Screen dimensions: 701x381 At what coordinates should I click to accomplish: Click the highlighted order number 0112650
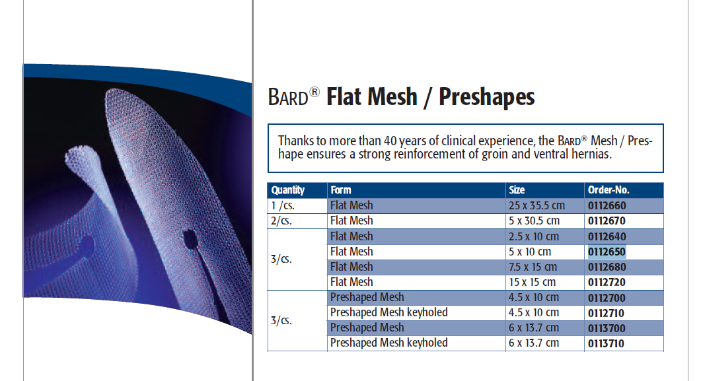point(607,252)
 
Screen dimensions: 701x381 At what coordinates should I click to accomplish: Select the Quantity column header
point(288,190)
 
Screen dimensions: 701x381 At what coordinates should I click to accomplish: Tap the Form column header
point(341,190)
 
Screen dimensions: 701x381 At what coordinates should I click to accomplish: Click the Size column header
point(517,190)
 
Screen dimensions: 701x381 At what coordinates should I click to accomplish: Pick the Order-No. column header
point(609,190)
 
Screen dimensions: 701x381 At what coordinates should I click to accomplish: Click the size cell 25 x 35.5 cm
point(536,205)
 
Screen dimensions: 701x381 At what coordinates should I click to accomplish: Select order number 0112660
point(607,206)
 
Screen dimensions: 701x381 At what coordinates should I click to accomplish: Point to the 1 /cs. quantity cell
point(283,206)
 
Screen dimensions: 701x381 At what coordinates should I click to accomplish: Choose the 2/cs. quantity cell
point(281,221)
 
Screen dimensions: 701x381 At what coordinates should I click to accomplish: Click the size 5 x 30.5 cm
point(534,221)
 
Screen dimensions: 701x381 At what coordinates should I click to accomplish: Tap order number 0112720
point(607,283)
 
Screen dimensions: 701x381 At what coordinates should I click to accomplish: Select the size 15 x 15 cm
point(532,283)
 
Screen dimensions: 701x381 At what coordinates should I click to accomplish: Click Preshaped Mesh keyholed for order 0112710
point(389,313)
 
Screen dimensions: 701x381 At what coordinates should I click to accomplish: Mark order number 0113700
point(607,328)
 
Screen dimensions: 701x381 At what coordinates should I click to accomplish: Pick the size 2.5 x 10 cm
point(534,237)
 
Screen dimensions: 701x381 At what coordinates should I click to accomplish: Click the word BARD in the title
point(288,97)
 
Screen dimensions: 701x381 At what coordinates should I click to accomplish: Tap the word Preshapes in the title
point(486,97)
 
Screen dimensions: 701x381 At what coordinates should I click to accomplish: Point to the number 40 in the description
point(390,141)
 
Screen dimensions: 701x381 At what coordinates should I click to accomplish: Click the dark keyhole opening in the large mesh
point(191,240)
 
